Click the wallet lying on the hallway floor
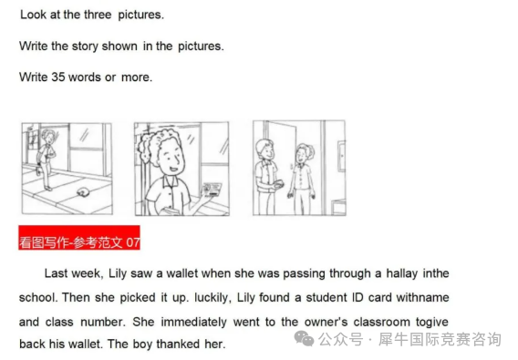(81, 191)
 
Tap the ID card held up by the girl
(211, 190)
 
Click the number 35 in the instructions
(58, 77)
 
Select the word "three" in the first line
(98, 15)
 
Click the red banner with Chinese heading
(79, 238)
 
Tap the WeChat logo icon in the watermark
(304, 339)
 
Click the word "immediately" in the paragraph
(193, 322)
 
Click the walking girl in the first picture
(46, 159)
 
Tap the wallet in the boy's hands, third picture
(277, 183)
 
